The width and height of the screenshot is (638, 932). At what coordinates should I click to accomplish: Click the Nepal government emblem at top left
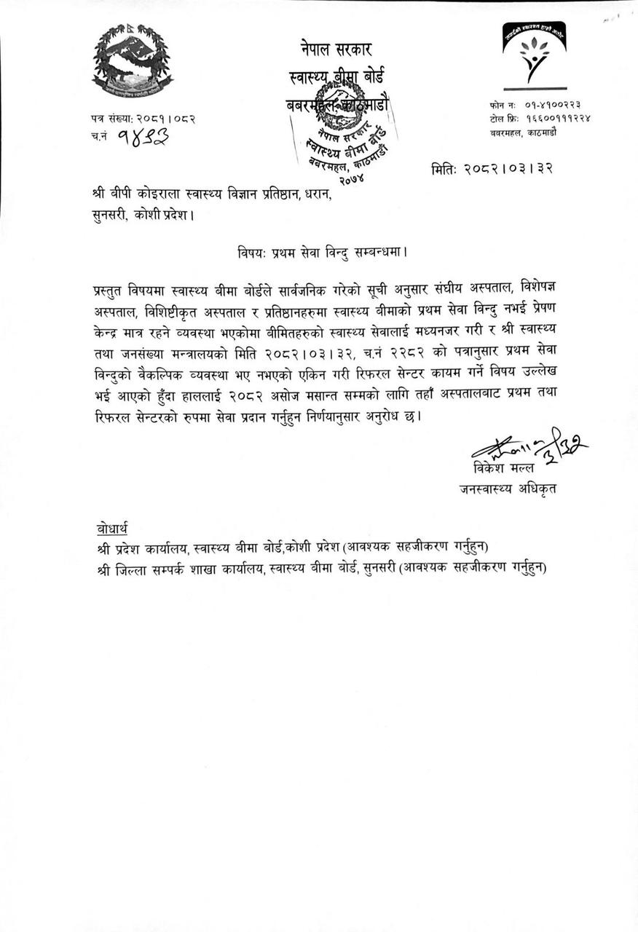point(132,61)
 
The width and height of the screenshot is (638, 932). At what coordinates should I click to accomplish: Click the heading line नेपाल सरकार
point(336,50)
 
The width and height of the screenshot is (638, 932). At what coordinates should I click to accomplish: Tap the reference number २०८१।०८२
point(164,119)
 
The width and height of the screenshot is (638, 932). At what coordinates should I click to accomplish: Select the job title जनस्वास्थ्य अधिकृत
point(507,489)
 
